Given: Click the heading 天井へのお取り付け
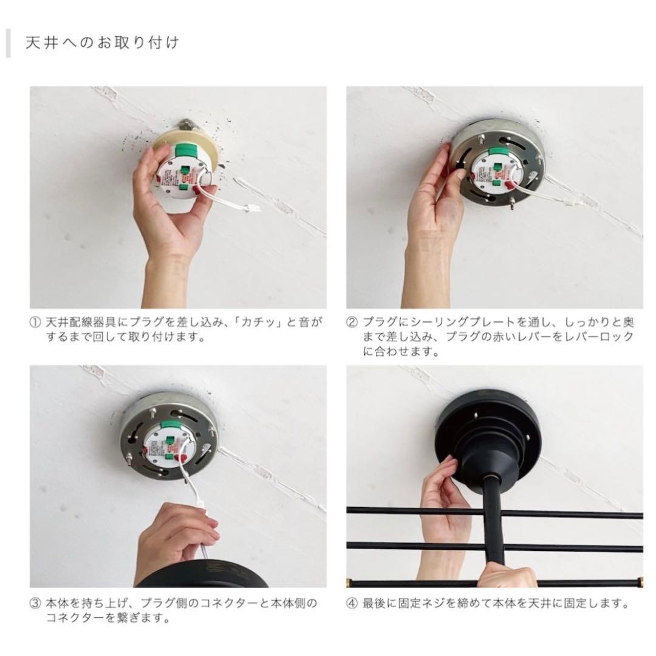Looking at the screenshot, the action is (103, 43).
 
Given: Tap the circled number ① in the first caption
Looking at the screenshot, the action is (35, 323).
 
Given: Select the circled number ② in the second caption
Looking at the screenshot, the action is (352, 323).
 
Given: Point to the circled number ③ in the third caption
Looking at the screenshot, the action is (35, 604).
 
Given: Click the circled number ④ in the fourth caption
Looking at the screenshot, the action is (352, 604).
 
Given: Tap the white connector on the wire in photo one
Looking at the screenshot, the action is (252, 207).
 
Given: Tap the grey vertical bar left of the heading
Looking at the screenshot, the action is (8, 43).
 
